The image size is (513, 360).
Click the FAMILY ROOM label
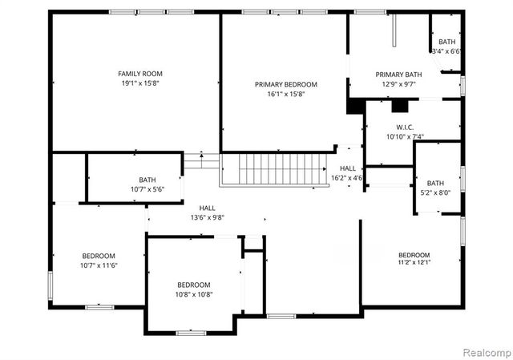click(140, 74)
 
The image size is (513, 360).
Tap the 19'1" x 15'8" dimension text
click(140, 83)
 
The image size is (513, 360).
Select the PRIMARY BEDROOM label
click(286, 84)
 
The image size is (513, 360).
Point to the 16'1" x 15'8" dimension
click(286, 94)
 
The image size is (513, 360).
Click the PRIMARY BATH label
click(398, 75)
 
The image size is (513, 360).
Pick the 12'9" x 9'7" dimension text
click(398, 84)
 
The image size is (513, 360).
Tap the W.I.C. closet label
click(405, 127)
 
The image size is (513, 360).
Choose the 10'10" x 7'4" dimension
click(405, 136)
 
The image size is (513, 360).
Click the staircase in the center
click(276, 169)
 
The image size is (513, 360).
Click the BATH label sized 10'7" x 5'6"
click(147, 180)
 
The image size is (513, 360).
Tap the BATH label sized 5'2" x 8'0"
click(435, 183)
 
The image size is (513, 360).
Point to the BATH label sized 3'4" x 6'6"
click(446, 42)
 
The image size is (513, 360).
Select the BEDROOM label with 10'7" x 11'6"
click(99, 256)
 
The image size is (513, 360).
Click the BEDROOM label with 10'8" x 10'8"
click(194, 285)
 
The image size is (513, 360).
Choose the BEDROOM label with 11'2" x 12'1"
click(414, 254)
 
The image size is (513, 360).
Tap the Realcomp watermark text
click(483, 351)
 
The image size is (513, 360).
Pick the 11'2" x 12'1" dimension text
click(414, 262)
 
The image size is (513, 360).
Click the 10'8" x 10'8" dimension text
click(194, 294)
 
